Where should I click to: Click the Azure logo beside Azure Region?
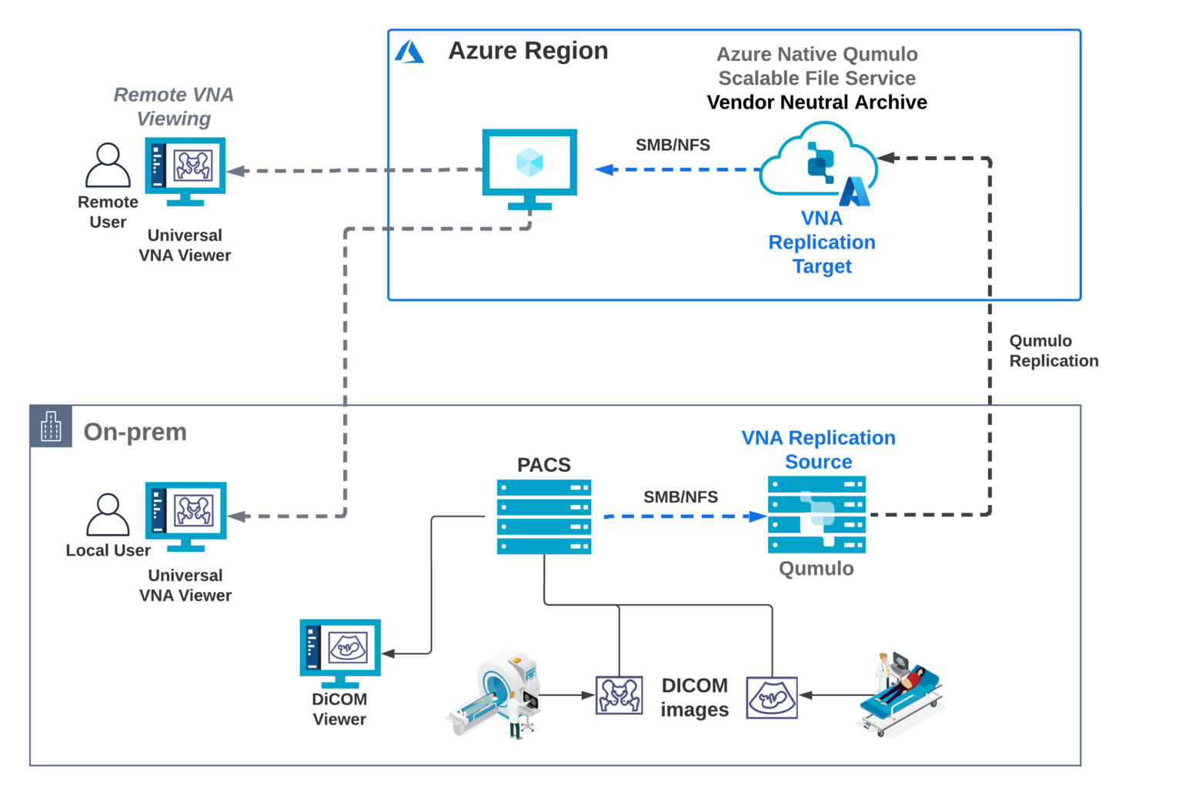click(x=409, y=52)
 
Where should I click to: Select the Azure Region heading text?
click(x=528, y=51)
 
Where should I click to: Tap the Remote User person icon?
click(x=108, y=165)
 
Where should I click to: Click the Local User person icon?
click(x=108, y=514)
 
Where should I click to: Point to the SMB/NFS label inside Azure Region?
click(x=673, y=145)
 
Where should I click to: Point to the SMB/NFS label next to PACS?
click(x=680, y=497)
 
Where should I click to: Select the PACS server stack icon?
click(x=544, y=517)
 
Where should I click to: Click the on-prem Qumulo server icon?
click(x=816, y=514)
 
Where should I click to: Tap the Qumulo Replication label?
click(x=1053, y=351)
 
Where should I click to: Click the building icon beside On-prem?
click(x=51, y=426)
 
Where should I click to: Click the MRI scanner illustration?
click(x=495, y=694)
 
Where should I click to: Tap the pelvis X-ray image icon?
click(x=619, y=695)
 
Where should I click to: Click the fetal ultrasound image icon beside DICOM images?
click(x=772, y=697)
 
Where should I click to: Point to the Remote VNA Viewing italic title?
click(x=174, y=106)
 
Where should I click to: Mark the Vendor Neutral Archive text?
click(x=816, y=102)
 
